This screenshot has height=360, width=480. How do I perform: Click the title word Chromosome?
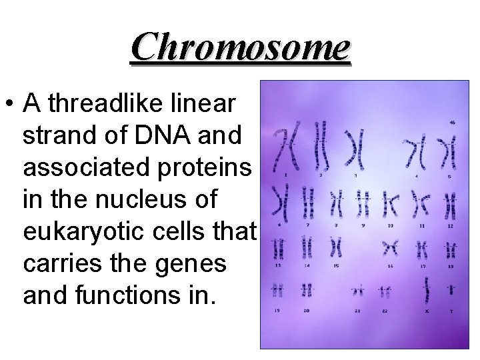click(x=240, y=47)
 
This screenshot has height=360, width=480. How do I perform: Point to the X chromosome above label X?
click(x=427, y=291)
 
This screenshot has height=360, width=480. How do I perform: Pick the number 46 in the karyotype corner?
click(x=452, y=122)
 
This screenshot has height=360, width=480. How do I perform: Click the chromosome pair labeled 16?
click(x=390, y=248)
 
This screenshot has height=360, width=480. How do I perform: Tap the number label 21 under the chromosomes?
click(x=358, y=311)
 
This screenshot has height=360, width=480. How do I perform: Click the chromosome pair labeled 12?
click(x=451, y=201)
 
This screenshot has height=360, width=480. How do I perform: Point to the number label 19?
click(x=277, y=311)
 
